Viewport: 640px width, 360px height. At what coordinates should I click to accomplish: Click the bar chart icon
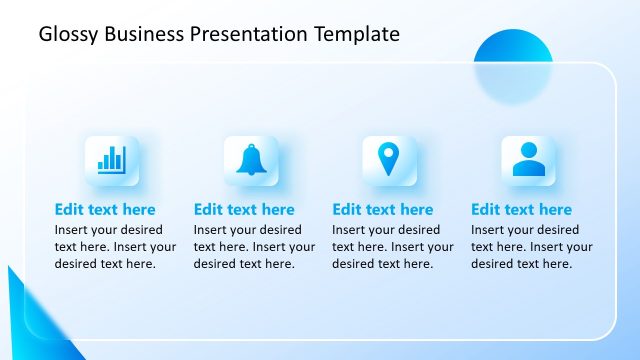[111, 160]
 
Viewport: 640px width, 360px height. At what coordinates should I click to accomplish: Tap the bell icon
[250, 160]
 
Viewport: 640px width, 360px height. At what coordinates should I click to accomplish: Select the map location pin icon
[388, 160]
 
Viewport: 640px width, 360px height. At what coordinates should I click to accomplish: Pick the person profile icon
[527, 160]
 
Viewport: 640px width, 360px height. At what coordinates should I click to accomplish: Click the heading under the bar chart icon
[105, 210]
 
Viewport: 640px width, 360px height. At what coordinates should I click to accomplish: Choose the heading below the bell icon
[244, 210]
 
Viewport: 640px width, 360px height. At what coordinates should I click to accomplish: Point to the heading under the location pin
[383, 210]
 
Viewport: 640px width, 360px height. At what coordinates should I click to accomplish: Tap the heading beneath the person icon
[521, 210]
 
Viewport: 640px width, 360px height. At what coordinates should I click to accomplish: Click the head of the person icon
[527, 152]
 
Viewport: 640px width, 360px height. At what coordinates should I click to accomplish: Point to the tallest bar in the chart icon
[120, 158]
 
